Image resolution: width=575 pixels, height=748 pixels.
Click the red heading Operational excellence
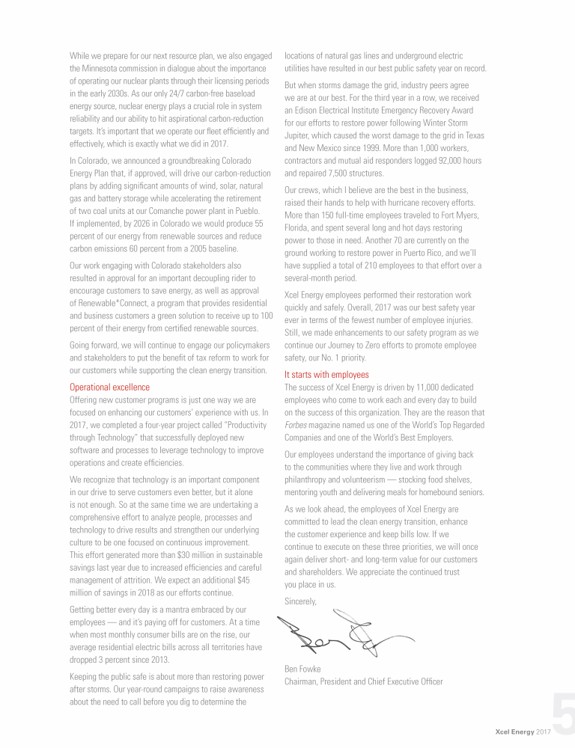[109, 387]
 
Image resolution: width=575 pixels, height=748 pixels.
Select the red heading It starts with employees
[326, 375]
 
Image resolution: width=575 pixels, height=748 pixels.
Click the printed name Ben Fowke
[304, 669]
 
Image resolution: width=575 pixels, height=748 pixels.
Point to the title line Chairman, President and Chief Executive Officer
[364, 681]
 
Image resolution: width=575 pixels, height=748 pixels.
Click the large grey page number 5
[564, 715]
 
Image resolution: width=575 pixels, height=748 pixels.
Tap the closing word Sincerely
[301, 601]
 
